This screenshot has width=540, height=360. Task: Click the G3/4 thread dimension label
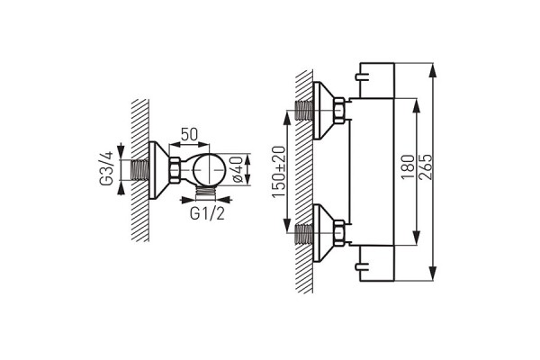click(106, 168)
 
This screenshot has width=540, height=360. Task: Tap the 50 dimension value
click(189, 135)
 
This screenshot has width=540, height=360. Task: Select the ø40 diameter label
click(238, 169)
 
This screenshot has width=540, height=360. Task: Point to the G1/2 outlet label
click(207, 214)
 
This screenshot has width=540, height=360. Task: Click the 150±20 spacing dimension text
click(279, 172)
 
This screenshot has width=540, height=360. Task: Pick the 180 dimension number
click(408, 166)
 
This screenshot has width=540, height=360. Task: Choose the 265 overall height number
click(426, 166)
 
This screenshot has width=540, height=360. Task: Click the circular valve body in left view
click(209, 170)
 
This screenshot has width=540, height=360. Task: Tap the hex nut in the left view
click(174, 170)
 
